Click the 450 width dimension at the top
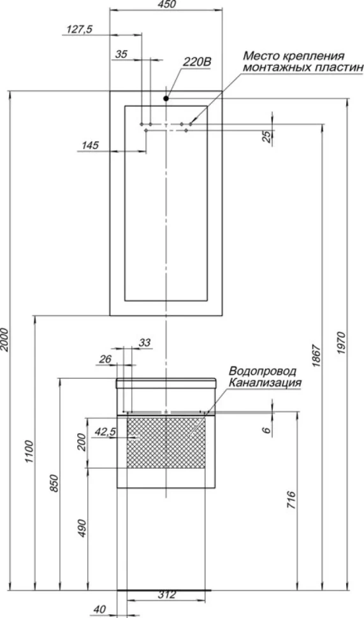[x=166, y=4]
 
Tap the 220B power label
[x=197, y=62]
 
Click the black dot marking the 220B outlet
[x=166, y=99]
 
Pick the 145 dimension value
[x=90, y=145]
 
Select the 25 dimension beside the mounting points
[x=267, y=136]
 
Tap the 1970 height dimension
[x=342, y=343]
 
